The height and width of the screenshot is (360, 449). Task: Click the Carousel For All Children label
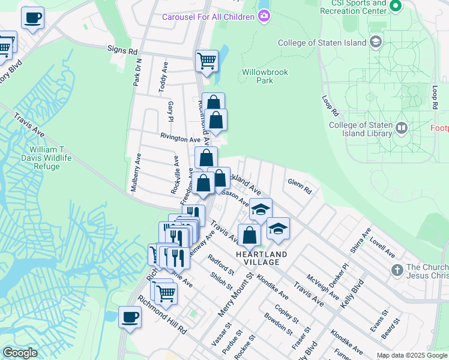(x=208, y=16)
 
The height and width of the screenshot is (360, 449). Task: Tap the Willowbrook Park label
(x=265, y=76)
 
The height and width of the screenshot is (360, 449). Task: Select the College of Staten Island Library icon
(x=402, y=127)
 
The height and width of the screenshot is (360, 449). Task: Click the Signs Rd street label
(x=123, y=50)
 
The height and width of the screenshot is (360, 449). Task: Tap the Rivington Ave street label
(x=179, y=139)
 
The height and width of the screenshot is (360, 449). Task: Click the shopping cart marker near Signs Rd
(x=206, y=61)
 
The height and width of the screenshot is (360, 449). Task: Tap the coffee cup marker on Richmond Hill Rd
(x=130, y=317)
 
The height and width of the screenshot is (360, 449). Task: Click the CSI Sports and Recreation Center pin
(x=395, y=7)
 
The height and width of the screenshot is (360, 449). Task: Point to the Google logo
(x=20, y=353)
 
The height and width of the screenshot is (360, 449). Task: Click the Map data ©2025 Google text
(x=411, y=355)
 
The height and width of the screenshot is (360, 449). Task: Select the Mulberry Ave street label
(x=136, y=172)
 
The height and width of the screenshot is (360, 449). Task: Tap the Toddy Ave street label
(x=163, y=76)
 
